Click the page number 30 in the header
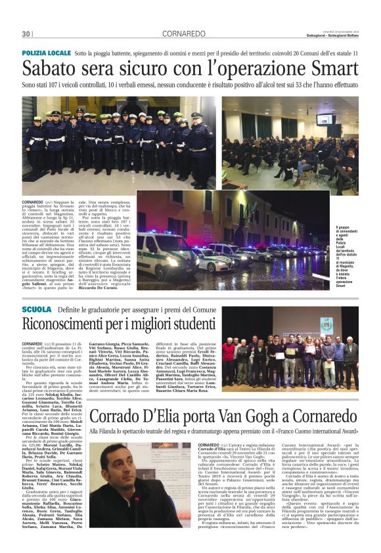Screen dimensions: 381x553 pos(26,33)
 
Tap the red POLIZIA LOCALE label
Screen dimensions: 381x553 pos(45,52)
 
